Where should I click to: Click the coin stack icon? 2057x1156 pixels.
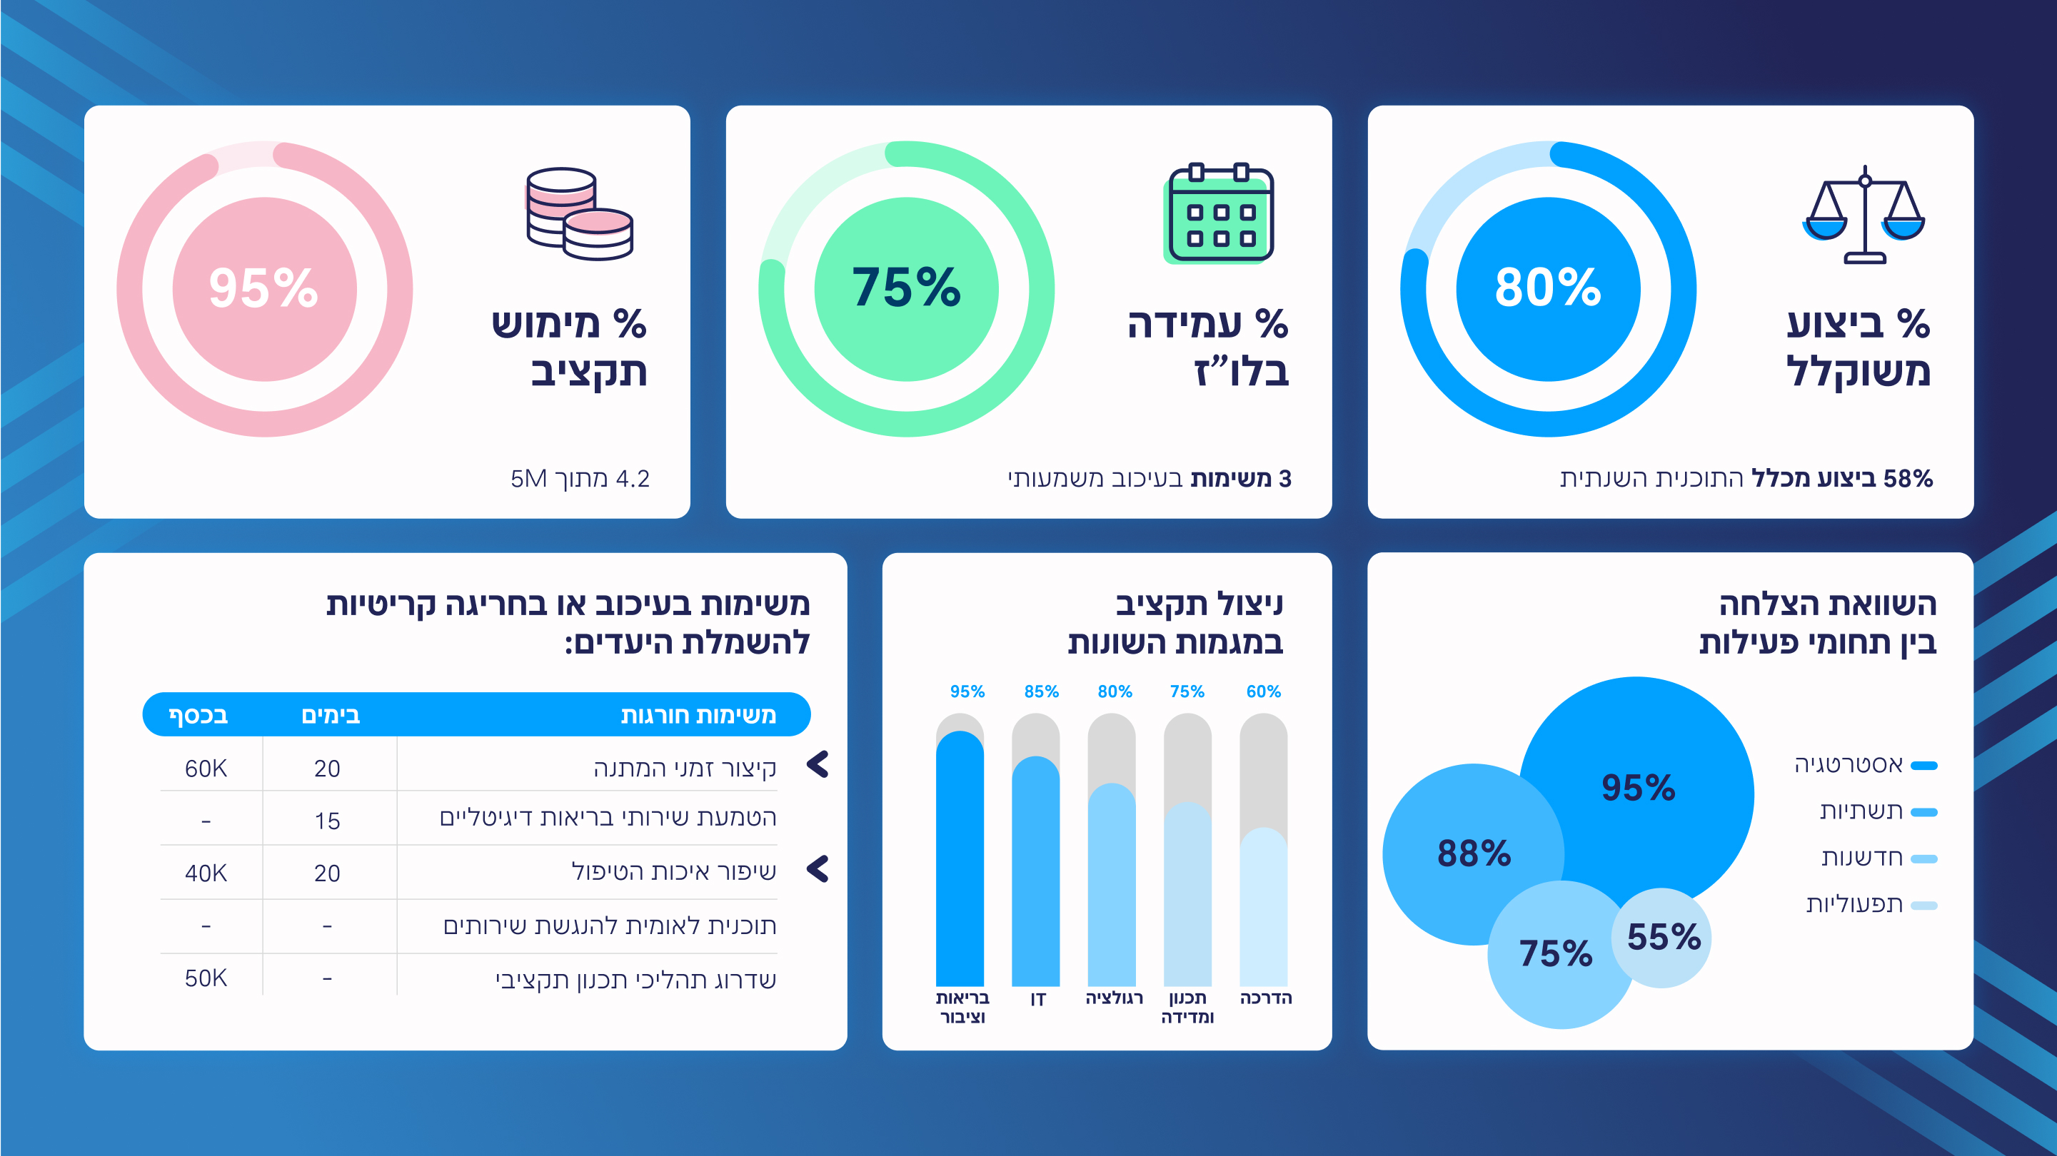(579, 213)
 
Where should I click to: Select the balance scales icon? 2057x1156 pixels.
(1864, 214)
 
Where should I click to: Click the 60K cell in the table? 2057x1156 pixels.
(206, 768)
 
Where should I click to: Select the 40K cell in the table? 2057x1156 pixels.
(206, 873)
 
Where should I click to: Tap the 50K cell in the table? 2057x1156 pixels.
(206, 978)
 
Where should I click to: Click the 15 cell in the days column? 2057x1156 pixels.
(328, 821)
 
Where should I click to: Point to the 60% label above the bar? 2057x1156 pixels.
(1263, 691)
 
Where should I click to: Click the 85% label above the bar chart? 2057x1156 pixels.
(1041, 691)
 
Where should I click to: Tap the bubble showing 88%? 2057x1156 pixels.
(1473, 853)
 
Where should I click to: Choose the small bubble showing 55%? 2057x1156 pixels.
(1664, 936)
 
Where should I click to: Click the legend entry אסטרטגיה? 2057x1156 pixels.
(1849, 765)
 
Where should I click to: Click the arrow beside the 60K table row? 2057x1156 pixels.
(818, 765)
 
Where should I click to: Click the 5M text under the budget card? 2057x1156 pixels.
(528, 478)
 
